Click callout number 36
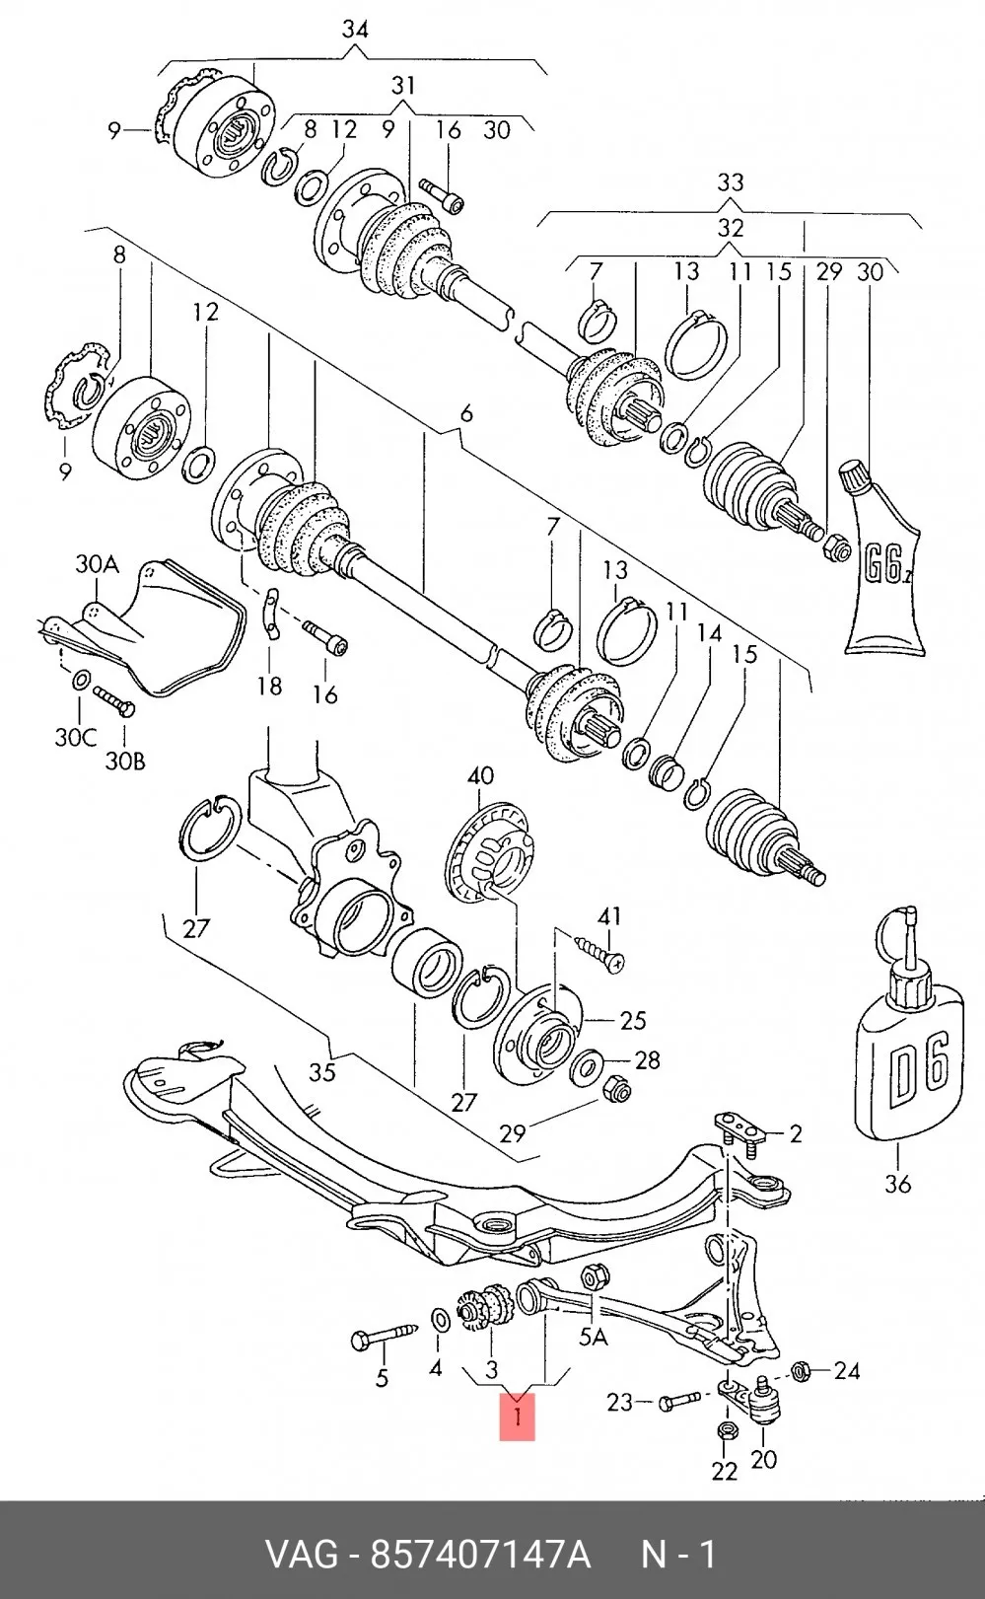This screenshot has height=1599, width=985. (x=898, y=1185)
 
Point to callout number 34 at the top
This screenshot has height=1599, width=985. (x=355, y=30)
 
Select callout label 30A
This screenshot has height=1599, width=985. (x=97, y=565)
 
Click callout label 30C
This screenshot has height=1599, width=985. (x=76, y=737)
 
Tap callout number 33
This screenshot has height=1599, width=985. (x=730, y=182)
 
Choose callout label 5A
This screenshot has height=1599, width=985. (x=593, y=1337)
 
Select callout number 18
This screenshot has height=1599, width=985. (x=269, y=686)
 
